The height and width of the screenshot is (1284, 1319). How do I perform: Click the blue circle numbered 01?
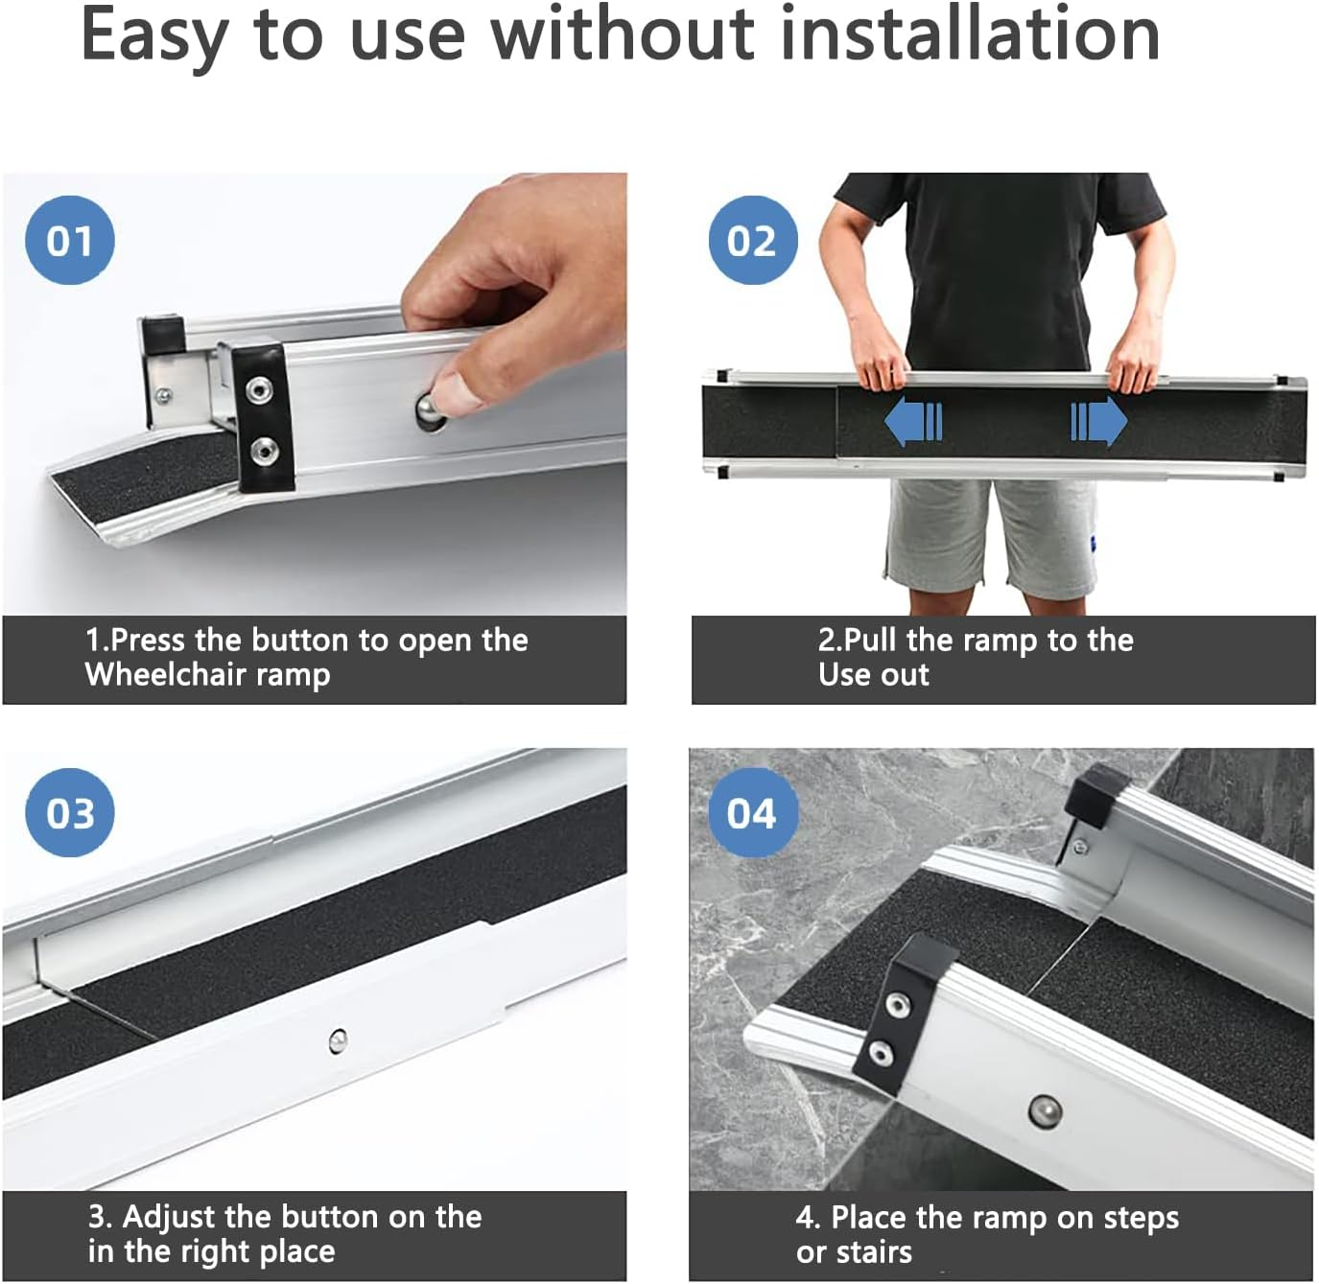pyautogui.click(x=69, y=240)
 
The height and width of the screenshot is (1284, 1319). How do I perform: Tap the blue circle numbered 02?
pyautogui.click(x=752, y=240)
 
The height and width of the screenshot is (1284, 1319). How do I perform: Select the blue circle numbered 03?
pyautogui.click(x=70, y=812)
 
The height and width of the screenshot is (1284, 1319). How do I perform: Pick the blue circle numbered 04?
pyautogui.click(x=752, y=812)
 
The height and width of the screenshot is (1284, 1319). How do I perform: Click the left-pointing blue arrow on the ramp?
pyautogui.click(x=912, y=422)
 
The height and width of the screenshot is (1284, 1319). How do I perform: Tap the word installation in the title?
pyautogui.click(x=971, y=35)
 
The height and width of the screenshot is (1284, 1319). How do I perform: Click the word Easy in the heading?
pyautogui.click(x=153, y=36)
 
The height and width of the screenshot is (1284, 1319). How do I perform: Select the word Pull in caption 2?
pyautogui.click(x=871, y=640)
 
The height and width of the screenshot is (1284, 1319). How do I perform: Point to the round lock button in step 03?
pyautogui.click(x=338, y=1040)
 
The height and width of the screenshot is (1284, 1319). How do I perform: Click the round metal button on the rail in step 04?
pyautogui.click(x=1045, y=1109)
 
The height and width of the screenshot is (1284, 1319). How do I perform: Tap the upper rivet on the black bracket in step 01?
pyautogui.click(x=259, y=389)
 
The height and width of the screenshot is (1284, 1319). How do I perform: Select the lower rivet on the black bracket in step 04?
pyautogui.click(x=881, y=1054)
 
